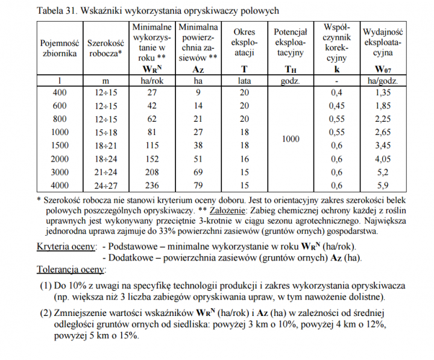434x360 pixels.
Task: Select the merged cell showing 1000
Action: point(291,139)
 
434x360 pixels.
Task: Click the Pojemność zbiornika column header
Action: point(60,48)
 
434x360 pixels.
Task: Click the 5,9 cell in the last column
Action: point(383,185)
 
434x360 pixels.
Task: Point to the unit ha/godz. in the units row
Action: point(383,81)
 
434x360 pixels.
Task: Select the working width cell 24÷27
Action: point(105,185)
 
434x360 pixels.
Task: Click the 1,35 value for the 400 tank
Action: point(383,92)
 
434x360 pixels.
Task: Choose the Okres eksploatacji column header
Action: point(244,43)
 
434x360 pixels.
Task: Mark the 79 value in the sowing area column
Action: point(198,185)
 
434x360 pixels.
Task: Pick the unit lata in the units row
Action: point(244,81)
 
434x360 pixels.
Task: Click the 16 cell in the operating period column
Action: point(244,159)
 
